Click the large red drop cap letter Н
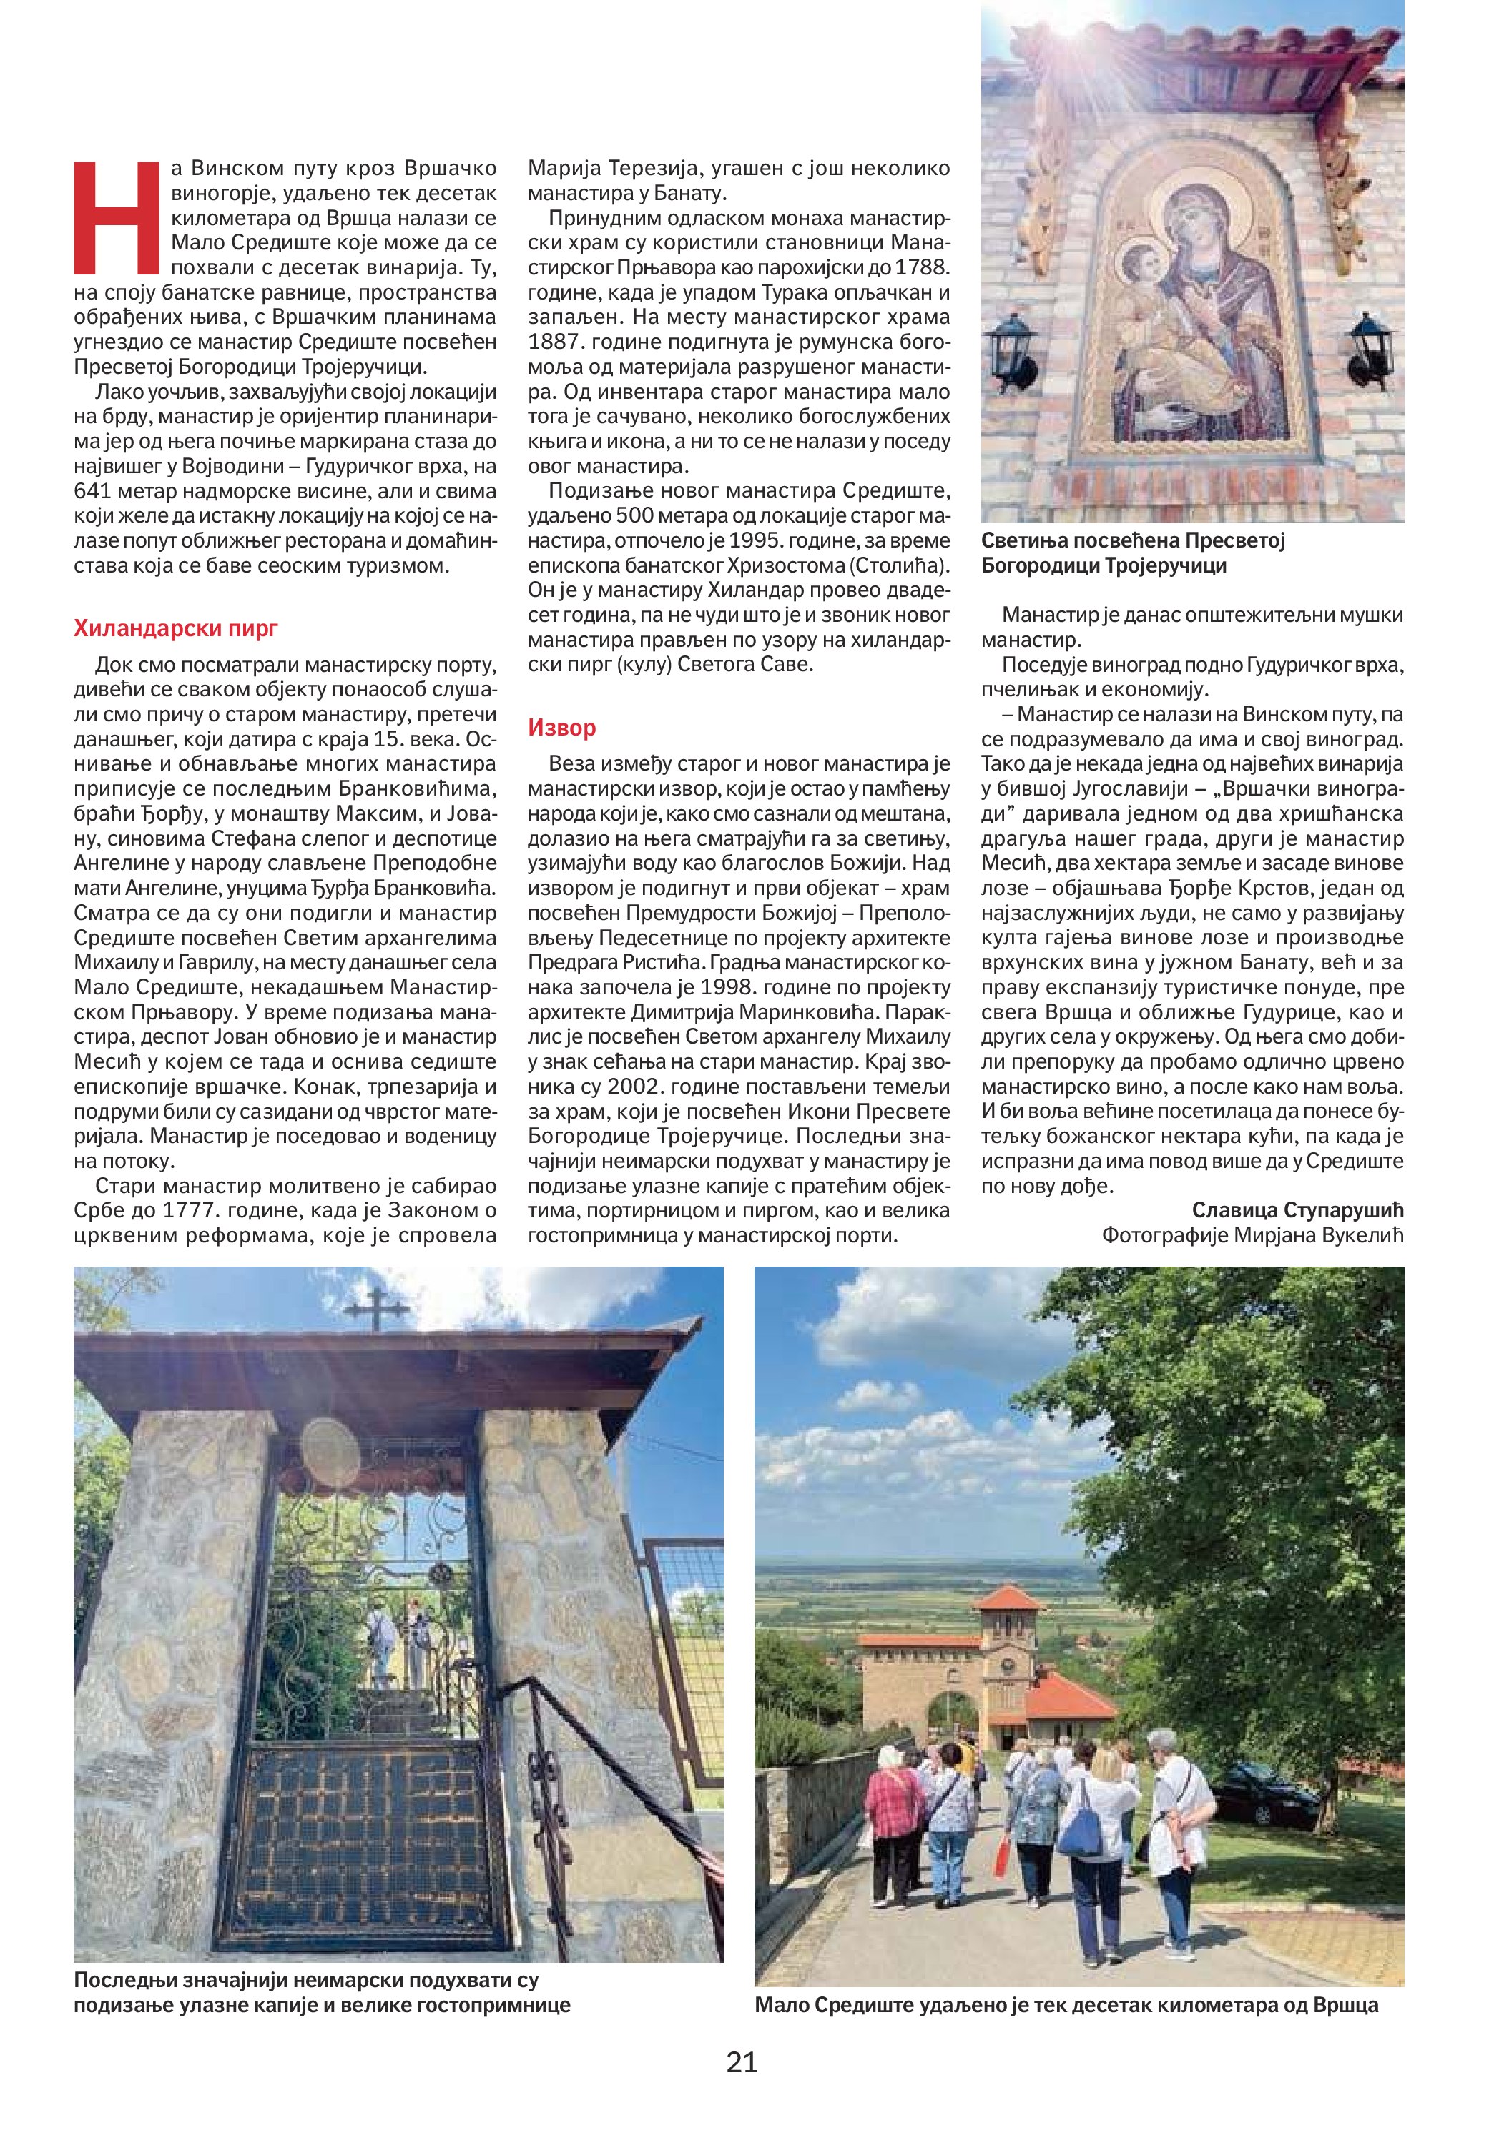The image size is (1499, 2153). click(x=117, y=217)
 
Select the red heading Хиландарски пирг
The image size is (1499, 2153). click(x=175, y=628)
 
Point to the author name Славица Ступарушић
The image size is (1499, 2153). click(x=1297, y=1209)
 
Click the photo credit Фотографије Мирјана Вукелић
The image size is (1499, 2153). click(x=1252, y=1235)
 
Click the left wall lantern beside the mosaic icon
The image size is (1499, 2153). click(x=1012, y=351)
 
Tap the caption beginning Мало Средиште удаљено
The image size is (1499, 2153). click(x=1066, y=2006)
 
